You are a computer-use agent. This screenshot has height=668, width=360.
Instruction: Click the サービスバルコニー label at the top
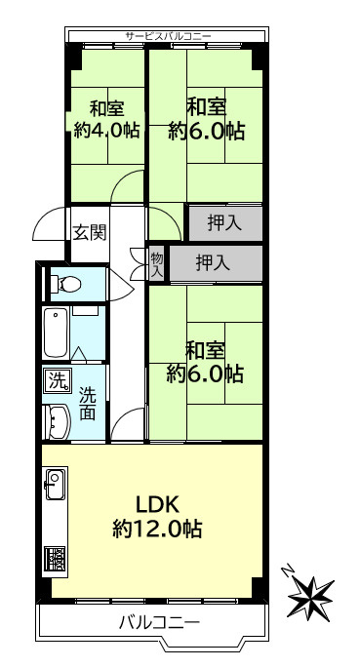click(x=168, y=36)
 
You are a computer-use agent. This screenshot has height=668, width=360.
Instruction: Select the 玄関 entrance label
click(x=89, y=232)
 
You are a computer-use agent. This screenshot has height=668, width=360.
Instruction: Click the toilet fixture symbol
click(x=67, y=285)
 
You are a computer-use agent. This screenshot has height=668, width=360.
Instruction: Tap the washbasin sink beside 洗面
click(x=55, y=422)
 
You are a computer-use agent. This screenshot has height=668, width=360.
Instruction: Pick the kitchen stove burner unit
click(x=55, y=559)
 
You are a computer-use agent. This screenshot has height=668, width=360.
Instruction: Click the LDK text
click(x=156, y=505)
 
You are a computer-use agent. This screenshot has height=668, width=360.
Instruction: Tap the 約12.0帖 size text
click(x=156, y=530)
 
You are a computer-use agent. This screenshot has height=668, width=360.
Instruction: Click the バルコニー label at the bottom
click(x=159, y=622)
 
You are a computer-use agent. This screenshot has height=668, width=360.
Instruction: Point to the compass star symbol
click(x=314, y=593)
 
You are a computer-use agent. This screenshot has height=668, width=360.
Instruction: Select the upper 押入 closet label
click(x=224, y=223)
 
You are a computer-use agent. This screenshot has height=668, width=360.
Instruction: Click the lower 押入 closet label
click(x=215, y=261)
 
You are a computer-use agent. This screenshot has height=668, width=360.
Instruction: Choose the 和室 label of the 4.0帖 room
click(x=107, y=107)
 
